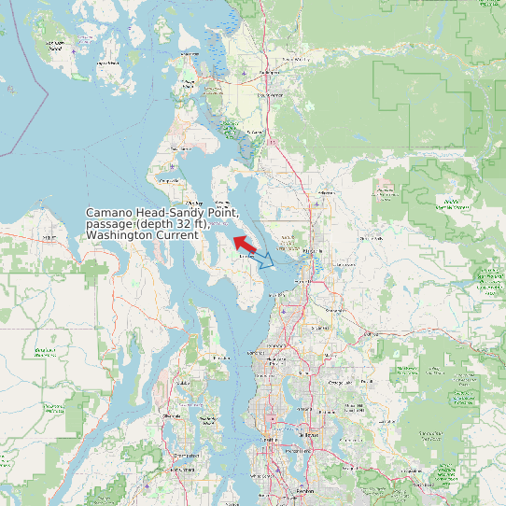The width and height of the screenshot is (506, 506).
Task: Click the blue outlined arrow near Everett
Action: pyautogui.click(x=265, y=260)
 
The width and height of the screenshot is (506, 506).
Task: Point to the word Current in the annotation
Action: pyautogui.click(x=177, y=236)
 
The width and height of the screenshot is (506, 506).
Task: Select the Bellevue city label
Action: pyautogui.click(x=311, y=435)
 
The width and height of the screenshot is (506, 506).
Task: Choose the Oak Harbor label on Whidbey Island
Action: pyautogui.click(x=177, y=148)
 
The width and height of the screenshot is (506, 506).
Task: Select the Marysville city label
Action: pyautogui.click(x=314, y=251)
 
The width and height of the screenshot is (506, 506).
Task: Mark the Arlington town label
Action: pyautogui.click(x=326, y=192)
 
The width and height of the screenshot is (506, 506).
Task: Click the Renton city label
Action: pyautogui.click(x=306, y=489)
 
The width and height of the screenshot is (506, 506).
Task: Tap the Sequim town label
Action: pyautogui.click(x=45, y=237)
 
